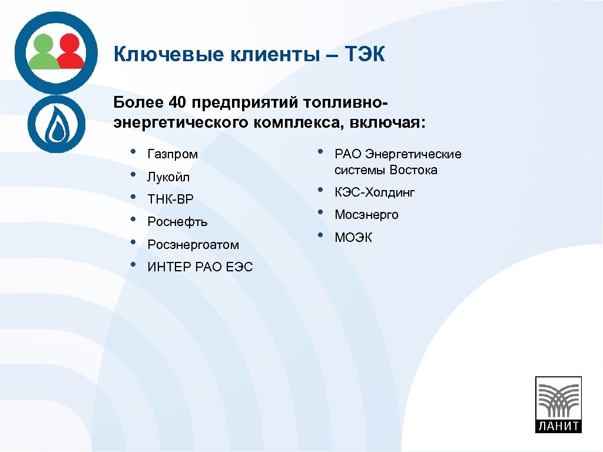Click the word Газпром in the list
(x=173, y=155)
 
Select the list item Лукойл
(x=168, y=177)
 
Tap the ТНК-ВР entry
(x=170, y=200)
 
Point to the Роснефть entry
(x=177, y=222)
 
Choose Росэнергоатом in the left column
(x=193, y=245)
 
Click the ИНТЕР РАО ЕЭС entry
(x=200, y=267)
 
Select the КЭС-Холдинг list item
(x=375, y=192)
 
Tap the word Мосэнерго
(x=366, y=215)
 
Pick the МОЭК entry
(x=353, y=238)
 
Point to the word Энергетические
(x=413, y=154)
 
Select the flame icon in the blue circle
(x=57, y=125)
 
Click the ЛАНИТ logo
(x=557, y=404)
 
